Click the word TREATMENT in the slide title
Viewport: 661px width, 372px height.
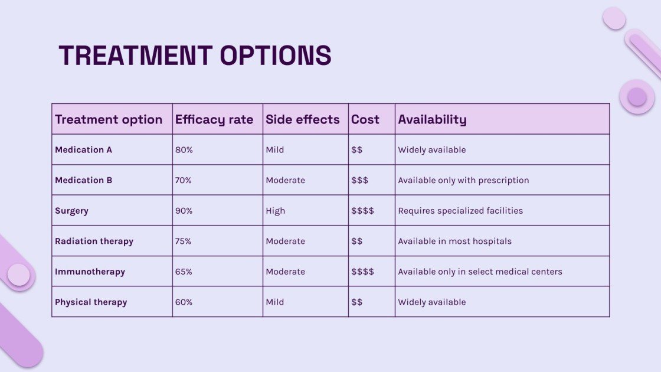[x=136, y=56]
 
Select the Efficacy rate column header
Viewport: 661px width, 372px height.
[x=214, y=119]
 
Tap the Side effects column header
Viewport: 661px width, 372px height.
[x=303, y=119]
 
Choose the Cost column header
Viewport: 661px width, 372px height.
[x=365, y=119]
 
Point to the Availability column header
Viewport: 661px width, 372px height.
[x=432, y=119]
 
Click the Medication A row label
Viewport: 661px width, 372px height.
[x=83, y=150]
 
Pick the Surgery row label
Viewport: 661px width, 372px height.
[x=71, y=211]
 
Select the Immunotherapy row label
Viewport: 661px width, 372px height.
[x=90, y=272]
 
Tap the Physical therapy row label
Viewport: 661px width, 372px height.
[x=91, y=302]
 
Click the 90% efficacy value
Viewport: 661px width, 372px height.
[x=184, y=211]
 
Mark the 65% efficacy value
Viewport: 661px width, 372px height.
[x=184, y=272]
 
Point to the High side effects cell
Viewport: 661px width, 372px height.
[x=275, y=211]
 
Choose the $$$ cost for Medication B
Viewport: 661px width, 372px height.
[x=359, y=180]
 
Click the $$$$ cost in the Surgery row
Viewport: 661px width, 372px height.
[x=362, y=211]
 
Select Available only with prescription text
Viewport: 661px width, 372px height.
[x=463, y=180]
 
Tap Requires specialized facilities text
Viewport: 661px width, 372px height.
[x=460, y=211]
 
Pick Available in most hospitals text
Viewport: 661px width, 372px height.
[x=454, y=242]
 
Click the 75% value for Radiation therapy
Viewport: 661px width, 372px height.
[x=184, y=242]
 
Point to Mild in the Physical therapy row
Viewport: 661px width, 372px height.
[x=274, y=302]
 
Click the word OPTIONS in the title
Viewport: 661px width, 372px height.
[x=276, y=56]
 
